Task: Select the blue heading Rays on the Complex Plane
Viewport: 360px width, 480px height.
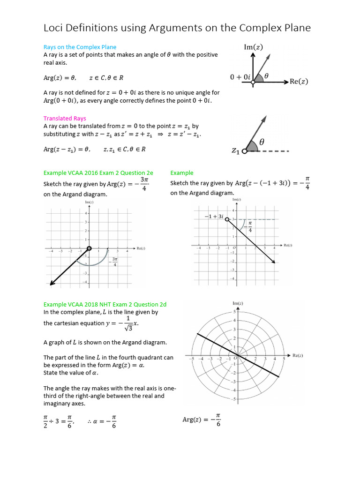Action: tap(80, 47)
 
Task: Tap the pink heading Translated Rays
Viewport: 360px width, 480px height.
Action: tap(65, 119)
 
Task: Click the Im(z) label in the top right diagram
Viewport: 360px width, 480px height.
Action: tap(254, 46)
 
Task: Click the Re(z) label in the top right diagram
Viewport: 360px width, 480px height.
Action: tap(299, 82)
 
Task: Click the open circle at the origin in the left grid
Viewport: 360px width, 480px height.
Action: tap(89, 248)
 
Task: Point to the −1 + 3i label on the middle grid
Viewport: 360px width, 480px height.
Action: tap(215, 217)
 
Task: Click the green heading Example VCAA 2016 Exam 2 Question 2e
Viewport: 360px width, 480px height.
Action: tap(98, 173)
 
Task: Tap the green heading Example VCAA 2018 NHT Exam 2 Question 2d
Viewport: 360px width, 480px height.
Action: tap(105, 304)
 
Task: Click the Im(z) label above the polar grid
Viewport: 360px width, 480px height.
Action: tap(238, 303)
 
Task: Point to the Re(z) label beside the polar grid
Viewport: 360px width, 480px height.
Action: tap(298, 356)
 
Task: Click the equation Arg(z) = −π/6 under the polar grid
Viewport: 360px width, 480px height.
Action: tap(202, 420)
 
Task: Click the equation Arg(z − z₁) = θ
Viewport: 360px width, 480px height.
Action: tap(66, 149)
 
